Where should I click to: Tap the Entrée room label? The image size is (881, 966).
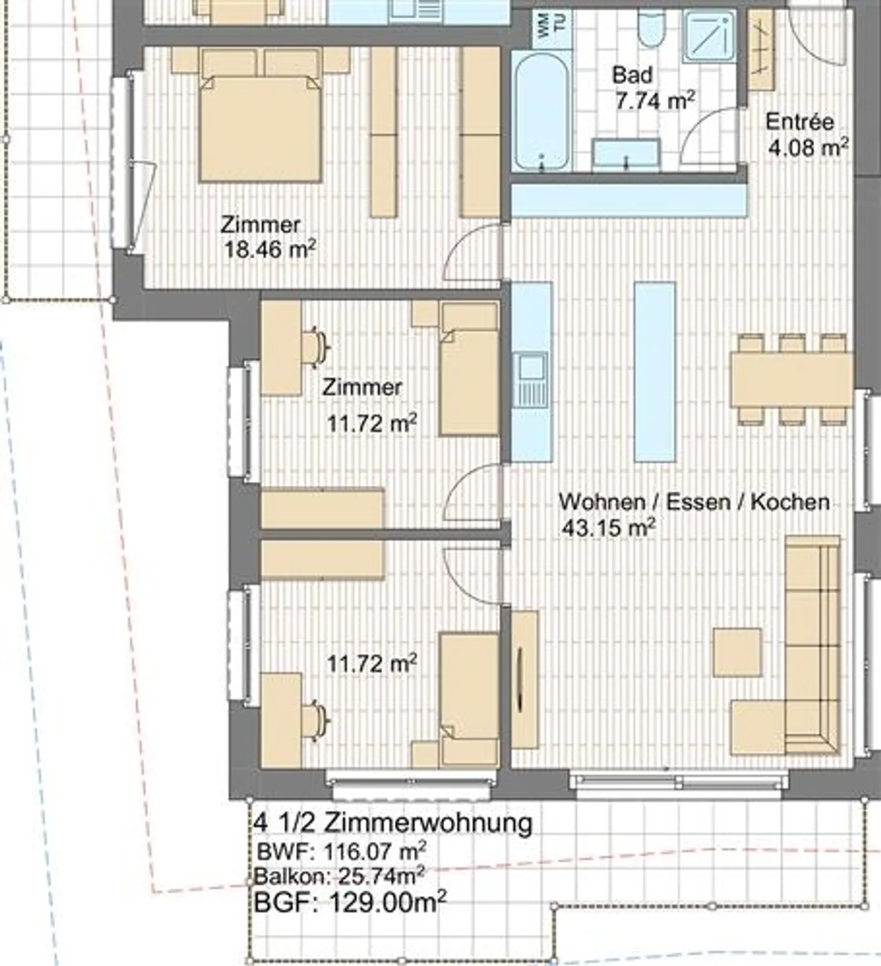click(800, 122)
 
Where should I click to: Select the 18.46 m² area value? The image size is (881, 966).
click(270, 249)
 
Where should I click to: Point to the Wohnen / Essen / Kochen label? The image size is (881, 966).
click(694, 502)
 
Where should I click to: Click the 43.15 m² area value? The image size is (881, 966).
click(609, 528)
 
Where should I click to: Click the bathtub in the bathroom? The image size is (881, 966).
click(541, 111)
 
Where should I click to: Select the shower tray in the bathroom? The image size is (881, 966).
click(710, 37)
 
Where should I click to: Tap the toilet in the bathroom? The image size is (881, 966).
click(650, 28)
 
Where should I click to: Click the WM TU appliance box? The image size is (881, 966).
click(552, 27)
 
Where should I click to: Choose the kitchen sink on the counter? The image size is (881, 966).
click(531, 380)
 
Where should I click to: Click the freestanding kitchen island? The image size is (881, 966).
click(655, 371)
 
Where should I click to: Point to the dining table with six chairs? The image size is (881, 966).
click(792, 379)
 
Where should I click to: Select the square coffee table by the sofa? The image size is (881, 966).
click(738, 652)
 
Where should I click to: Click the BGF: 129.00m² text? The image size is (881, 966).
click(350, 902)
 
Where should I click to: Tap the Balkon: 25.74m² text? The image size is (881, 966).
click(339, 876)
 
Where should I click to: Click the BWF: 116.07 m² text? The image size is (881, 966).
click(341, 851)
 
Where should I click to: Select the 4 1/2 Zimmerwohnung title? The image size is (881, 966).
click(392, 823)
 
